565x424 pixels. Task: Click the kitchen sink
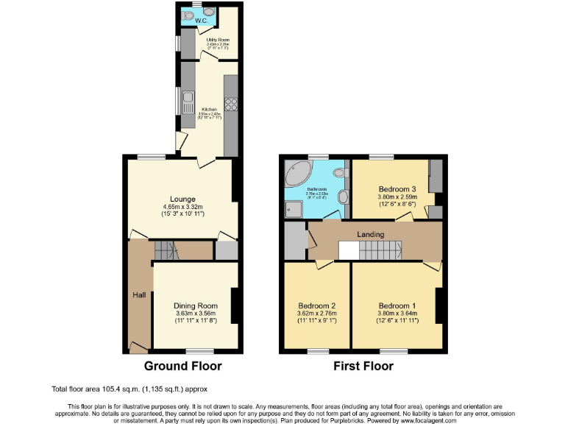click(188, 97)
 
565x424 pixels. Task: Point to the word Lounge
click(182, 198)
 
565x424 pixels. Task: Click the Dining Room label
click(196, 305)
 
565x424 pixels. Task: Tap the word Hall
click(138, 295)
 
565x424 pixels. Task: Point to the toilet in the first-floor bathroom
click(339, 172)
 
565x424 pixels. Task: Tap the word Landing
click(371, 234)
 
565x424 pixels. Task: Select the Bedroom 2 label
click(317, 305)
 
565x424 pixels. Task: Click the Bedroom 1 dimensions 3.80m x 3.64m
click(397, 314)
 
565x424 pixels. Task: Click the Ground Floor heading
click(182, 366)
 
